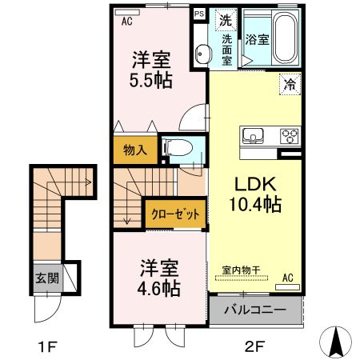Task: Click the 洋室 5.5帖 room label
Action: [151, 70]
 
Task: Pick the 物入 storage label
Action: [134, 150]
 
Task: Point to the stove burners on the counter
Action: [288, 135]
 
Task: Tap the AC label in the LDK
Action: [287, 278]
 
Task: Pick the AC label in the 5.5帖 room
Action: [126, 22]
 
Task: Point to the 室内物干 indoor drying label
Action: [241, 270]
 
